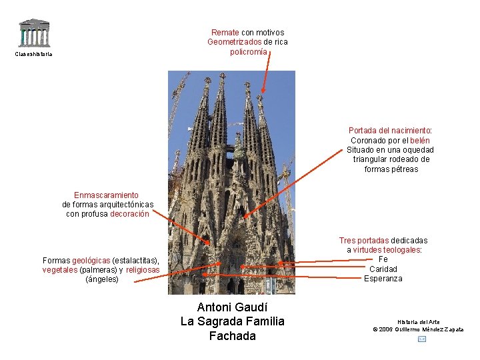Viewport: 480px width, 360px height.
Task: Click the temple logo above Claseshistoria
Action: click(x=33, y=33)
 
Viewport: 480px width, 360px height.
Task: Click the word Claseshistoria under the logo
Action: click(x=33, y=54)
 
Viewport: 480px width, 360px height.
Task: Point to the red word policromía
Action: click(x=248, y=51)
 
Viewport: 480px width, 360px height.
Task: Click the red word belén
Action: click(x=420, y=141)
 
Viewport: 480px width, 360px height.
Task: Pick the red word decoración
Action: click(x=129, y=214)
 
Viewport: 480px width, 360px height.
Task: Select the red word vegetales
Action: click(x=59, y=270)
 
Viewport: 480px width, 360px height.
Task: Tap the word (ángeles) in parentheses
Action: click(x=102, y=279)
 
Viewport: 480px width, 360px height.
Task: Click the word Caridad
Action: click(x=383, y=269)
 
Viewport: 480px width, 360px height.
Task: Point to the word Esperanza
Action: click(x=383, y=279)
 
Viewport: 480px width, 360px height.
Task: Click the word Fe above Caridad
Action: click(x=383, y=259)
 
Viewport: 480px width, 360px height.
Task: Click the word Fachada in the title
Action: click(x=232, y=336)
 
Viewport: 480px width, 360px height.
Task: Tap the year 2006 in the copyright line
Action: click(x=387, y=329)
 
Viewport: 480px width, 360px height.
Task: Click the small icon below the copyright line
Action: click(x=421, y=339)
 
